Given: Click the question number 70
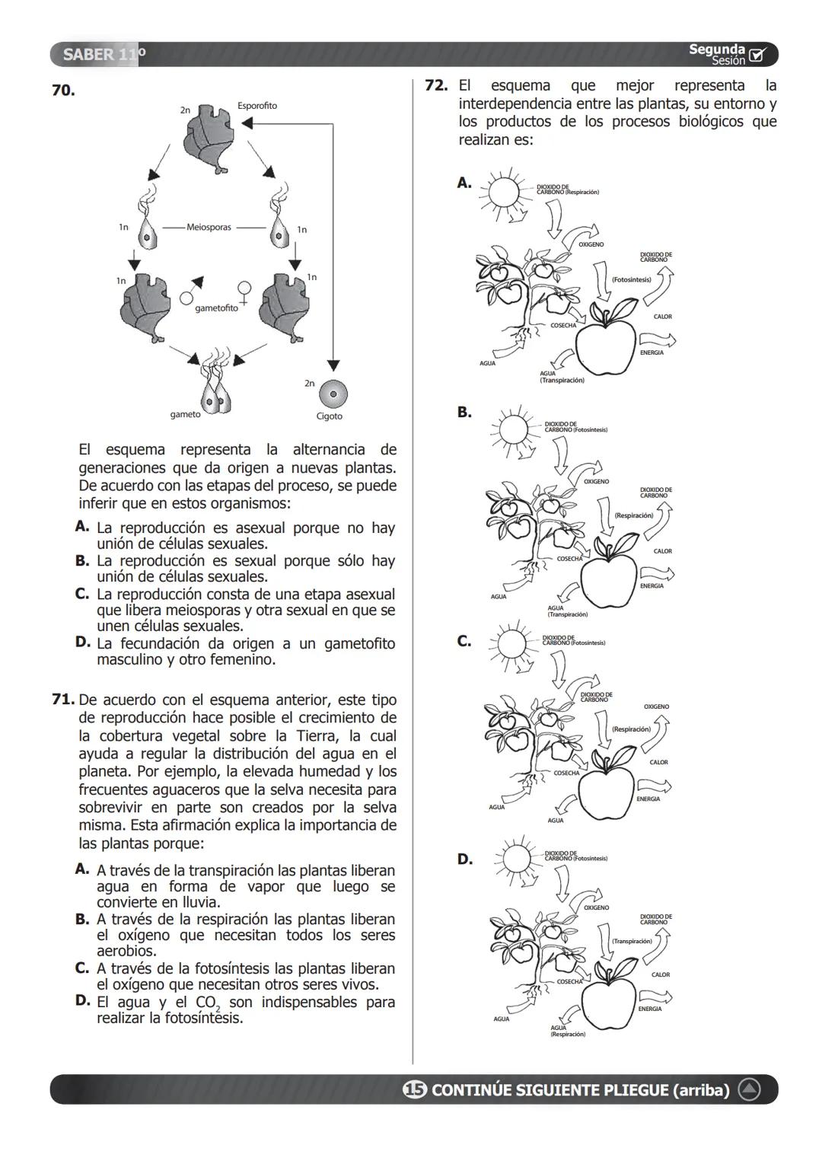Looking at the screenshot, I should coord(63,91).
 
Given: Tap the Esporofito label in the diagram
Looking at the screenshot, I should coord(257,106).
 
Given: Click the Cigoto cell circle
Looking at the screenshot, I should coord(333,394).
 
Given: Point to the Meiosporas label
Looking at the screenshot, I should coord(209,227).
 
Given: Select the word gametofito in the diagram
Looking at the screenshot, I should coord(216,308).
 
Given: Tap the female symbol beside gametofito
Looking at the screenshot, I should coord(244,291).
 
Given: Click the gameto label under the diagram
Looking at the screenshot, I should coord(185,414).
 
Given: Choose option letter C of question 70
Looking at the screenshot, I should coord(82,594).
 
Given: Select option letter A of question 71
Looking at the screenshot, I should coord(82,869).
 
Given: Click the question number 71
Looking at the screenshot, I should coord(63,700).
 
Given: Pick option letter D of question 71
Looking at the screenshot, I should coord(83,1001).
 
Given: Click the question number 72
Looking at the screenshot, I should coord(436,86).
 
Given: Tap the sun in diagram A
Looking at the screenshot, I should coord(503,192).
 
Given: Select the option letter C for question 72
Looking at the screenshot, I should coord(464,642).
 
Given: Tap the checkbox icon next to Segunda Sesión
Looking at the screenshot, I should coord(757,55).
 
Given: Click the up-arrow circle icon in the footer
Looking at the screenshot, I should coord(750,1090).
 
